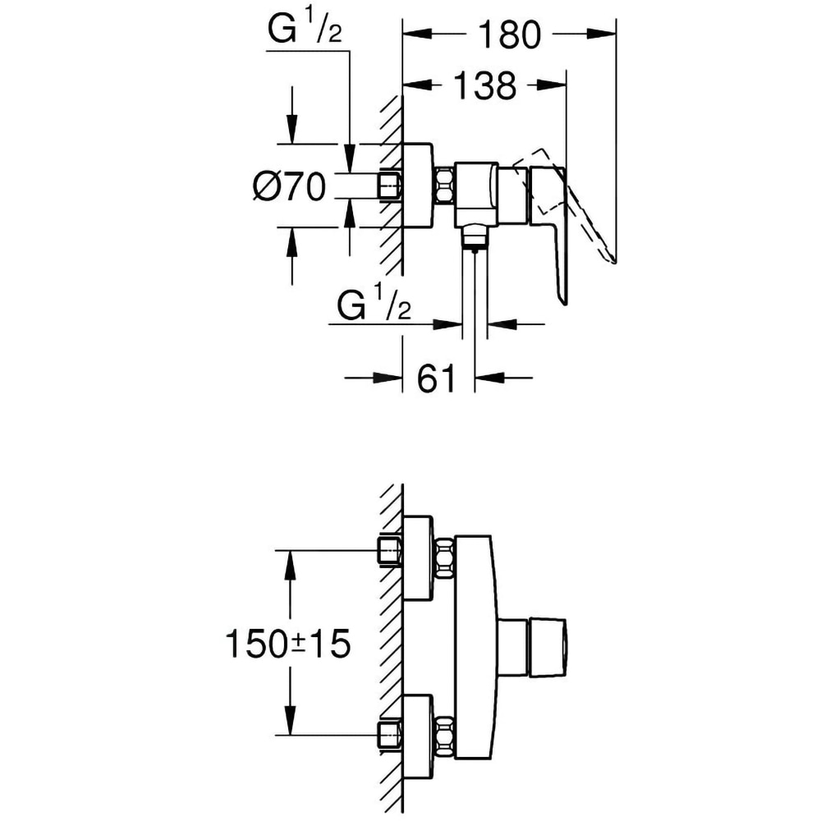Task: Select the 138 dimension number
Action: pos(483,85)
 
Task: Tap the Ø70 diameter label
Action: pos(290,188)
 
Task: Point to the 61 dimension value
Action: pos(437,378)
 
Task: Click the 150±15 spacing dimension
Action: pos(287,643)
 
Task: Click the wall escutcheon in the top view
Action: pos(419,185)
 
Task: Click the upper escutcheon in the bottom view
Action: pos(419,558)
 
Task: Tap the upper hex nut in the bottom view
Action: pos(444,558)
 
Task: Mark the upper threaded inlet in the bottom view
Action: pos(389,551)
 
